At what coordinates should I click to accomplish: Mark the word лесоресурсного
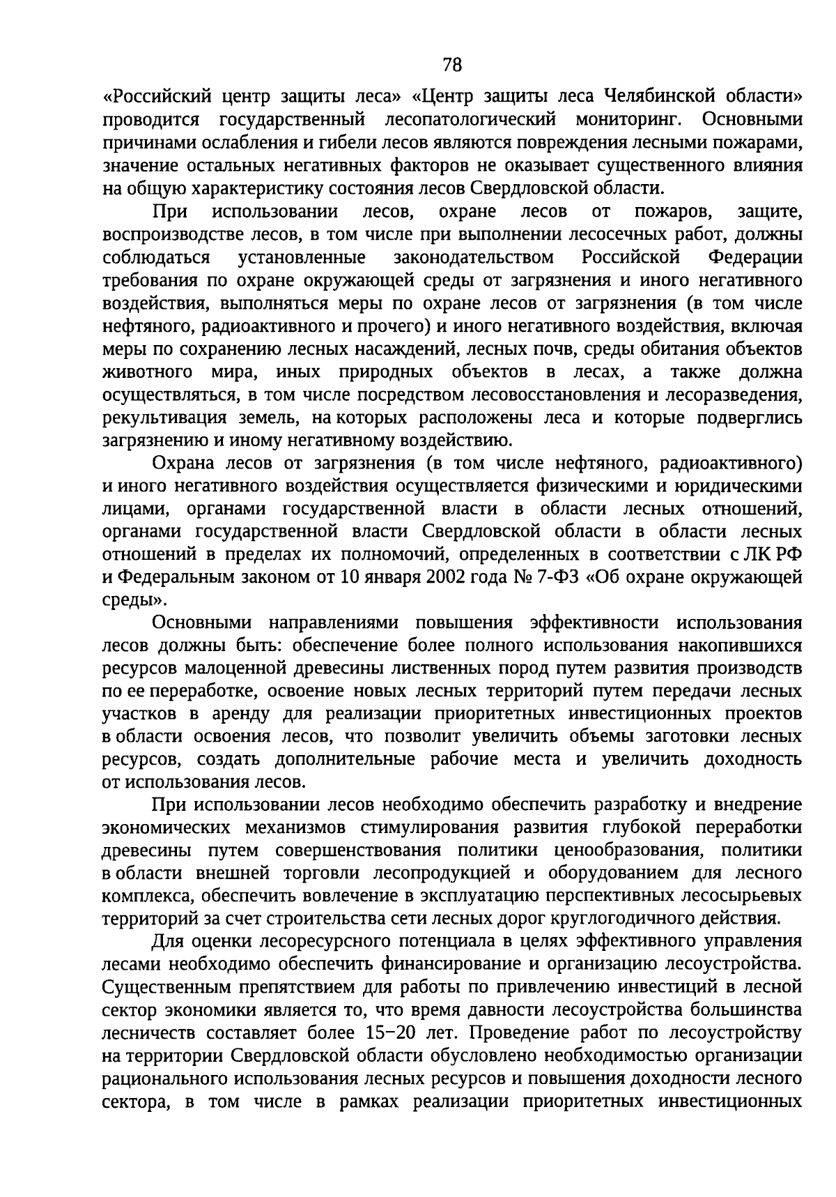[316, 942]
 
